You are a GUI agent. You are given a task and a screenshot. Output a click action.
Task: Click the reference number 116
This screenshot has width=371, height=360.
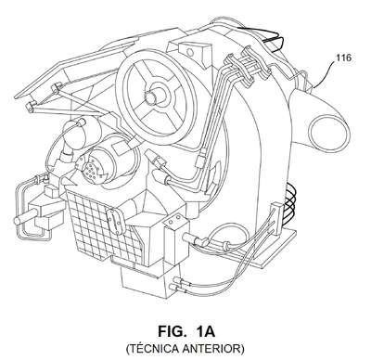tap(344, 58)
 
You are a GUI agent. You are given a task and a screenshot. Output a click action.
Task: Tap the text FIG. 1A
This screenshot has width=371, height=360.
tap(186, 331)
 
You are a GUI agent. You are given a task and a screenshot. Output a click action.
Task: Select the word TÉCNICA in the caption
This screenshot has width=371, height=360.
tap(152, 349)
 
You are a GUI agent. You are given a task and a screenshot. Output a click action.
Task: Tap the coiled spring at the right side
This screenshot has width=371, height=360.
tap(290, 200)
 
